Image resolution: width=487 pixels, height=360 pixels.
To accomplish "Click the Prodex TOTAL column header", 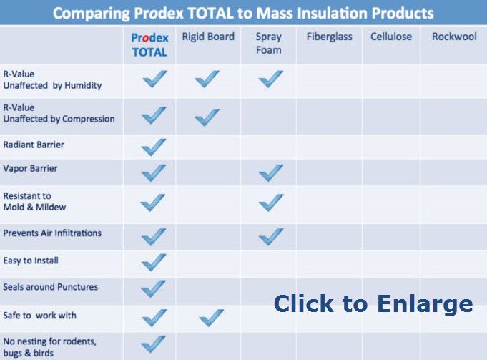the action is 149,45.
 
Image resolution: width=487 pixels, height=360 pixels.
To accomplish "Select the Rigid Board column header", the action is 208,37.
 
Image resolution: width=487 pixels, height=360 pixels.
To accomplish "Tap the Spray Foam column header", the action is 269,44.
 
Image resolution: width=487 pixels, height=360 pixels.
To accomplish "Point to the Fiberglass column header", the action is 329,37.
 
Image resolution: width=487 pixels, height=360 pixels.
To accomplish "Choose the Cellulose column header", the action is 391,37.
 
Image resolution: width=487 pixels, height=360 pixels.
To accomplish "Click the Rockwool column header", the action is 454,37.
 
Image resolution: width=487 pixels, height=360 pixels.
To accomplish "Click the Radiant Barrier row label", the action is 34,145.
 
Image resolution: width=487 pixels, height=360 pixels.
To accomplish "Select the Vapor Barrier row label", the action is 30,168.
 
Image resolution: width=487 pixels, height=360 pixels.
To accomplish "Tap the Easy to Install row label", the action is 31,261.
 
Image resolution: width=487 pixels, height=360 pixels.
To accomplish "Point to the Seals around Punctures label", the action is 50,286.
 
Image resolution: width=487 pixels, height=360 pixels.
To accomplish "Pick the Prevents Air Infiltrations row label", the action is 52,233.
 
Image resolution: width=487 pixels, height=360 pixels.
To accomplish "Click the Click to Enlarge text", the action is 373,304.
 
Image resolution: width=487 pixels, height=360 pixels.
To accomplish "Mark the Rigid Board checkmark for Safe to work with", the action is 211,318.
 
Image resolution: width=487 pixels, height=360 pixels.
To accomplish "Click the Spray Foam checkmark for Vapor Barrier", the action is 271,173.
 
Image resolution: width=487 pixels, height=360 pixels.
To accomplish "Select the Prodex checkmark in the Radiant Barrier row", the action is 154,147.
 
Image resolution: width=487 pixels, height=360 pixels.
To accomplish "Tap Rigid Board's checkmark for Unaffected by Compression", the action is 207,117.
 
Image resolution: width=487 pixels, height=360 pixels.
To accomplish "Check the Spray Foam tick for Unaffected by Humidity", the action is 271,79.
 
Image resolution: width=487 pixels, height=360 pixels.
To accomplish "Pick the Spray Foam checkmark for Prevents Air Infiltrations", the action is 271,237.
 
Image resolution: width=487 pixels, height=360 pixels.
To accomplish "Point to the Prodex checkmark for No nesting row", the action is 153,344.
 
